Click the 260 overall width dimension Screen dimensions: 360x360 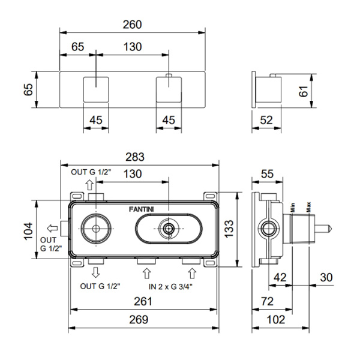(x=131, y=25)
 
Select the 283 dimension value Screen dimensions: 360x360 (x=135, y=157)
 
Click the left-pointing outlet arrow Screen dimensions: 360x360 (x=52, y=229)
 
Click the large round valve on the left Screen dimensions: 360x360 (x=95, y=229)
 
